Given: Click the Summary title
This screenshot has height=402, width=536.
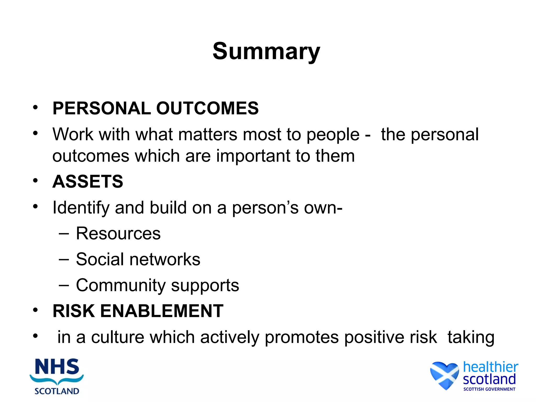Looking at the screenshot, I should (x=266, y=51).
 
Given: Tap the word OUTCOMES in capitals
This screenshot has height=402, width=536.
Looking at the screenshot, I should (x=207, y=108).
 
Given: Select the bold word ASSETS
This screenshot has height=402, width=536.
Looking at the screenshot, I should (x=88, y=181).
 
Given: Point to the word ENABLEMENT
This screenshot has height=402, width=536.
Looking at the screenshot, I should (x=162, y=311).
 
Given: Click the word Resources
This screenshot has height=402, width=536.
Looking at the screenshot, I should (x=118, y=233).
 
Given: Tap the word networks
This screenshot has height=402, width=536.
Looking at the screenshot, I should (x=165, y=259).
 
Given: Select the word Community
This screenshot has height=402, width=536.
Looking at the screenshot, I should (x=120, y=285).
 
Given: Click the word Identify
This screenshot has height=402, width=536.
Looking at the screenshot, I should (x=81, y=208).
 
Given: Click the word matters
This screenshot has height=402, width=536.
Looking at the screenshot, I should (x=208, y=135).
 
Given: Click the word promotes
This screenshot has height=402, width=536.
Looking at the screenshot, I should (x=301, y=338).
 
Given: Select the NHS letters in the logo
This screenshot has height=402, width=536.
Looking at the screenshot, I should (x=57, y=367).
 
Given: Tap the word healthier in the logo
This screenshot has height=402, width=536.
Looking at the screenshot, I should (x=490, y=367).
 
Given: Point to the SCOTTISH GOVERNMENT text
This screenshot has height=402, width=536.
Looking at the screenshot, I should (x=489, y=389).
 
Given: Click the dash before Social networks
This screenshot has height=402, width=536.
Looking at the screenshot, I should (x=64, y=259).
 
